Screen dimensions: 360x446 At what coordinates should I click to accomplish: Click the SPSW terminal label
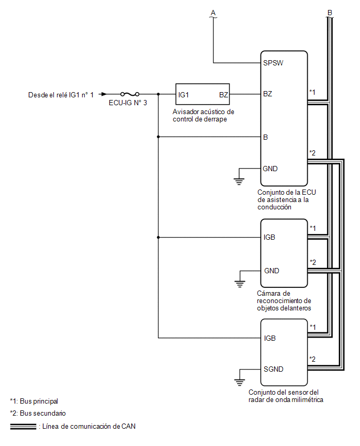click(273, 63)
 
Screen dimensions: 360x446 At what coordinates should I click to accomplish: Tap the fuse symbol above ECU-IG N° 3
click(130, 94)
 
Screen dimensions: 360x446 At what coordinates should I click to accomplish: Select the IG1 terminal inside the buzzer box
click(184, 95)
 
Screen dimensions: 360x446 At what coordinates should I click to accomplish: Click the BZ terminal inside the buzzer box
click(223, 95)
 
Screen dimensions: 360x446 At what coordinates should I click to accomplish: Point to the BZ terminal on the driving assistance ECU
click(267, 94)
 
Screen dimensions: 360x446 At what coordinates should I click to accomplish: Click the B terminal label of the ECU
click(266, 137)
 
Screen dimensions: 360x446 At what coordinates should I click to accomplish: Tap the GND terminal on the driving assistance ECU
click(270, 169)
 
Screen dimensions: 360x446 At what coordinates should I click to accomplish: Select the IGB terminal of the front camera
click(269, 237)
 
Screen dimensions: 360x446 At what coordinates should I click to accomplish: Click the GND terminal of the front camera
click(272, 271)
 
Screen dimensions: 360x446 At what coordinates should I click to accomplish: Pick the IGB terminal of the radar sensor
click(269, 338)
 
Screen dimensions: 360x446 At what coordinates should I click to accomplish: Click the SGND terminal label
click(274, 369)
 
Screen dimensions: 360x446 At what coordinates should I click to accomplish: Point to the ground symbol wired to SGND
click(240, 382)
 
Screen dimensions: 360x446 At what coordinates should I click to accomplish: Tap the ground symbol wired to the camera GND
click(240, 284)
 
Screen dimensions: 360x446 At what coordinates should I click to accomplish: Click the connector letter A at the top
click(213, 13)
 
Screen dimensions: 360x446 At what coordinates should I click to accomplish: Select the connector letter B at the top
click(330, 13)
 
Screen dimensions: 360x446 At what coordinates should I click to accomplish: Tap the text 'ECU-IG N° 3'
click(128, 103)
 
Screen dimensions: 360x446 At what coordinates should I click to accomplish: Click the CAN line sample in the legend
click(23, 427)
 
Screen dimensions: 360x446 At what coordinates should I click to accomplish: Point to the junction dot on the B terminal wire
click(159, 137)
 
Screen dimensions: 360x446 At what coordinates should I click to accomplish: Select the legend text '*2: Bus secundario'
click(38, 414)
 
